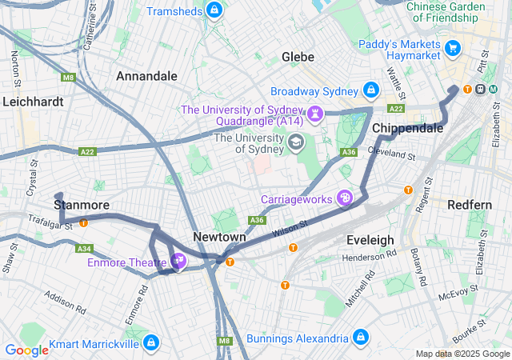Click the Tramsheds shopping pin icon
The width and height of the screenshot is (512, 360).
[x=213, y=10]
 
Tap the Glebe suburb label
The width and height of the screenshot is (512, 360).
[x=298, y=57]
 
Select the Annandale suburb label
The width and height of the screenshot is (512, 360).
[x=146, y=76]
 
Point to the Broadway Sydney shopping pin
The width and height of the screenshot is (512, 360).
[x=371, y=90]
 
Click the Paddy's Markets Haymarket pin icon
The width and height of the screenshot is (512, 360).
[x=453, y=48]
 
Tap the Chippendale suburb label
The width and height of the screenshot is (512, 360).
[x=408, y=128]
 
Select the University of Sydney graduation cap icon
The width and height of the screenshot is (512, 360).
[x=296, y=142]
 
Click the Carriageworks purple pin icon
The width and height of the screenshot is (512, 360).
[x=345, y=197]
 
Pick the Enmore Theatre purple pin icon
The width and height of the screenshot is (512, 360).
[x=178, y=261]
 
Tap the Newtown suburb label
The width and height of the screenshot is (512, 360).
[x=219, y=238]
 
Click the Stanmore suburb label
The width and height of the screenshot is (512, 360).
[x=81, y=205]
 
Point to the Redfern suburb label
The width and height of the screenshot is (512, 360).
[x=470, y=205]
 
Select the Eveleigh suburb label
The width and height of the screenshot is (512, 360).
[x=370, y=240]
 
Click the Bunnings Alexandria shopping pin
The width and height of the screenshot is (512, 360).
[x=360, y=337]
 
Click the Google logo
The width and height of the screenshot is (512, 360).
[x=26, y=350]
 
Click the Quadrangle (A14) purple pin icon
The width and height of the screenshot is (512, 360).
[x=316, y=114]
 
